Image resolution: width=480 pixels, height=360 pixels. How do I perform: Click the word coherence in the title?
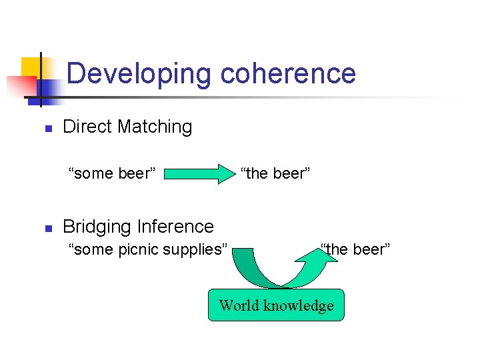[288, 73]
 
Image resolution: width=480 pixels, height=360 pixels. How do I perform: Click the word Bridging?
[97, 227]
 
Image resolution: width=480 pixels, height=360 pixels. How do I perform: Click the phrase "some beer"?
[113, 174]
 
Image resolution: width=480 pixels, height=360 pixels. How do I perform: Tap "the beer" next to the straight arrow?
[275, 174]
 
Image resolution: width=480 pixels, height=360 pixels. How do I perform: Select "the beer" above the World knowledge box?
[355, 249]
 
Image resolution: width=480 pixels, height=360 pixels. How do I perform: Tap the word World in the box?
[238, 305]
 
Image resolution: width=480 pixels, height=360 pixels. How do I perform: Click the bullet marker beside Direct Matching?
[47, 128]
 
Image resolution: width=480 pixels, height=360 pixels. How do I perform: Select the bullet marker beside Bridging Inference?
[47, 228]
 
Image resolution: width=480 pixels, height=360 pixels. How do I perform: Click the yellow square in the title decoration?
[31, 67]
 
